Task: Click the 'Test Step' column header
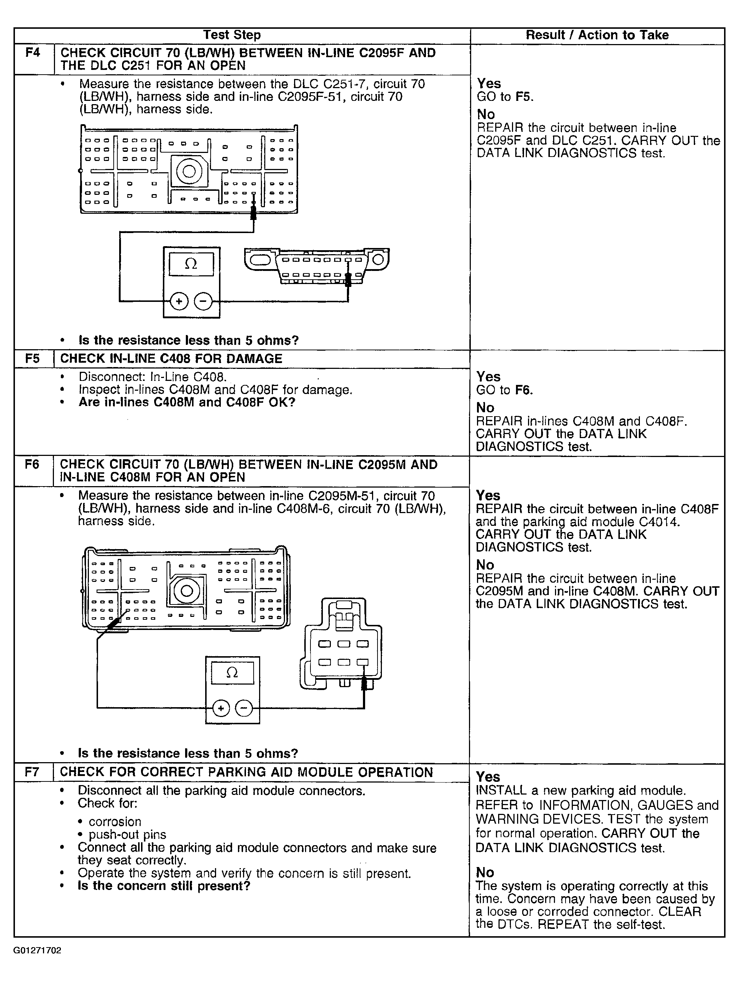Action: pos(232,35)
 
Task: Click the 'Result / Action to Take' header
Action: pos(597,35)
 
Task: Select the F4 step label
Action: pos(33,53)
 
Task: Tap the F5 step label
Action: pos(32,358)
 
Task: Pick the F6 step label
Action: pos(32,464)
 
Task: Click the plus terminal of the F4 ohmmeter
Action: pos(179,302)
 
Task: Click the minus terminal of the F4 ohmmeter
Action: pos(203,302)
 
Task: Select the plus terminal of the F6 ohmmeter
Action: pos(220,708)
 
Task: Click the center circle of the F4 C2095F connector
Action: pos(189,171)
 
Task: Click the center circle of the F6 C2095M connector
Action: pos(187,591)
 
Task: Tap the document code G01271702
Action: pos(37,950)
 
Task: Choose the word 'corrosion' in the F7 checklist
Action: pos(115,822)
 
